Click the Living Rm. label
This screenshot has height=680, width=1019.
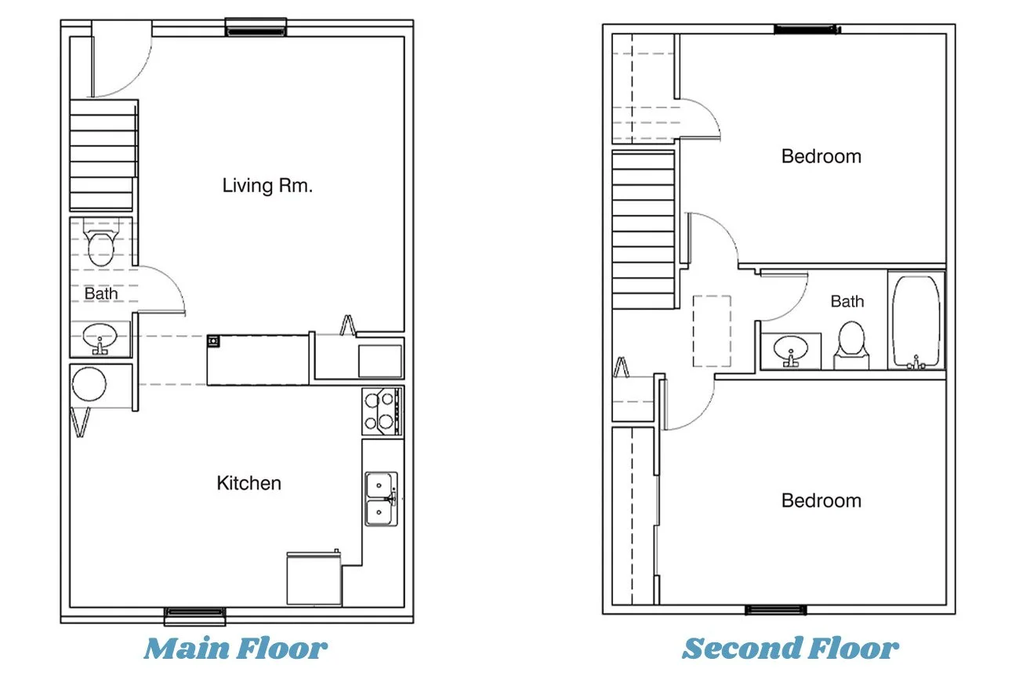tap(267, 186)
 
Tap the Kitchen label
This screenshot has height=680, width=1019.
tap(248, 483)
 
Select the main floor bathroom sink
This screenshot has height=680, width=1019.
tap(100, 339)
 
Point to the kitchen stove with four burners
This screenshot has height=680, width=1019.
tap(383, 412)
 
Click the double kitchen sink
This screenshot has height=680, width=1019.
tap(381, 500)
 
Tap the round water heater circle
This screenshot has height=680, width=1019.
tap(89, 384)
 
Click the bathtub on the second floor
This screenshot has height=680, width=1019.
tap(916, 322)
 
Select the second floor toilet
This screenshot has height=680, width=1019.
tap(851, 345)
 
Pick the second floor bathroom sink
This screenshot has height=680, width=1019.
tap(791, 351)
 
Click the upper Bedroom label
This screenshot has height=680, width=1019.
tap(821, 157)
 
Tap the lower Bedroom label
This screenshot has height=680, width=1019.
tap(821, 500)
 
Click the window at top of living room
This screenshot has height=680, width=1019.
tap(256, 27)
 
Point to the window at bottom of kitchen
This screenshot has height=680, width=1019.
tap(194, 616)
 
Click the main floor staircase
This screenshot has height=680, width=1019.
tap(103, 155)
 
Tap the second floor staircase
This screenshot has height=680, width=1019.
tap(644, 230)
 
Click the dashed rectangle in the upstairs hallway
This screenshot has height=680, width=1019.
tap(712, 331)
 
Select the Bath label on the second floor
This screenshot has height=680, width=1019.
tap(847, 301)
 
